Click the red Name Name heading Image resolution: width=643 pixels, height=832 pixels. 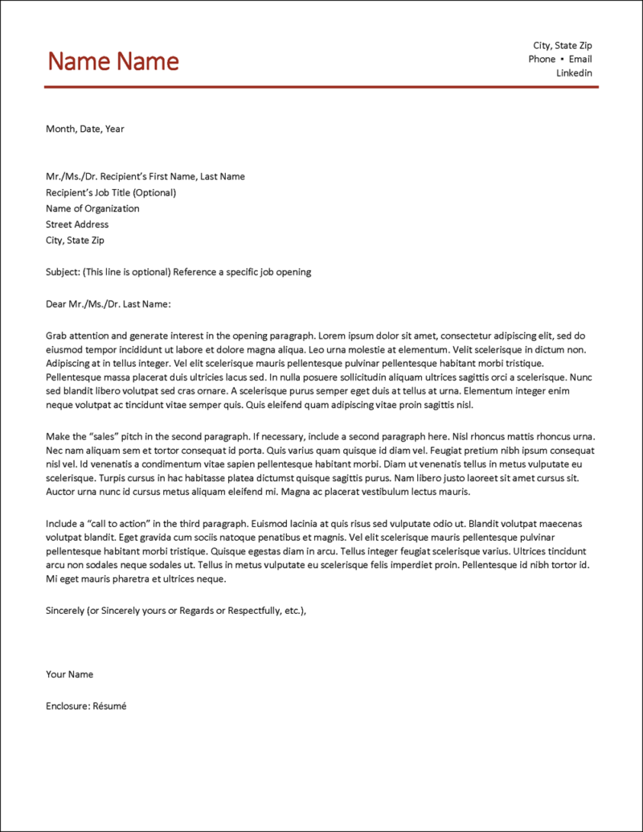tap(113, 61)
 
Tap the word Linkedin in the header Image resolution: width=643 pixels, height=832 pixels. tap(574, 73)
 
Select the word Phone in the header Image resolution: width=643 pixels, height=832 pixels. tap(542, 60)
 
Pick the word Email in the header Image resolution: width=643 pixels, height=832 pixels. tap(580, 60)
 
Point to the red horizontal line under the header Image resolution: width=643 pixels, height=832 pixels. tap(321, 86)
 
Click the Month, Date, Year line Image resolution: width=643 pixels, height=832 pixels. tap(85, 129)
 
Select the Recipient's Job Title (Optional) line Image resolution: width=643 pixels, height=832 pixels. tap(111, 193)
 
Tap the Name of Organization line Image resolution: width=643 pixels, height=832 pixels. tap(92, 208)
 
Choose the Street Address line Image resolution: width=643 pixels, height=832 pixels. tap(77, 224)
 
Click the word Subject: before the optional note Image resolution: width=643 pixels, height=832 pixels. tap(63, 272)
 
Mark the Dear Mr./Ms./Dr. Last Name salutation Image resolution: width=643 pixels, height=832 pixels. tap(109, 304)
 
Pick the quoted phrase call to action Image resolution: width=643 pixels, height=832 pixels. tap(117, 524)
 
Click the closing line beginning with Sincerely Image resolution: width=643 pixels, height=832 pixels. tap(176, 611)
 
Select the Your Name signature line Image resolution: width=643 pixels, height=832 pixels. tap(70, 674)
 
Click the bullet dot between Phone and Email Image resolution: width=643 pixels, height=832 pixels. tap(562, 60)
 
